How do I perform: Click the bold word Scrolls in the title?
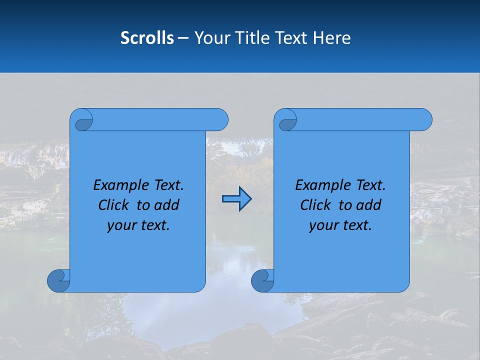tap(147, 38)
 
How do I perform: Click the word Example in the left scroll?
tap(118, 185)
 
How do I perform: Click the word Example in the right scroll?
tap(320, 185)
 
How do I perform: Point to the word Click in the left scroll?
tap(113, 205)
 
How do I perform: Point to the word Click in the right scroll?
tap(315, 205)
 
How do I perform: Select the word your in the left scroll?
tap(120, 225)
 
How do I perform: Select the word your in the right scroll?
tap(322, 225)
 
